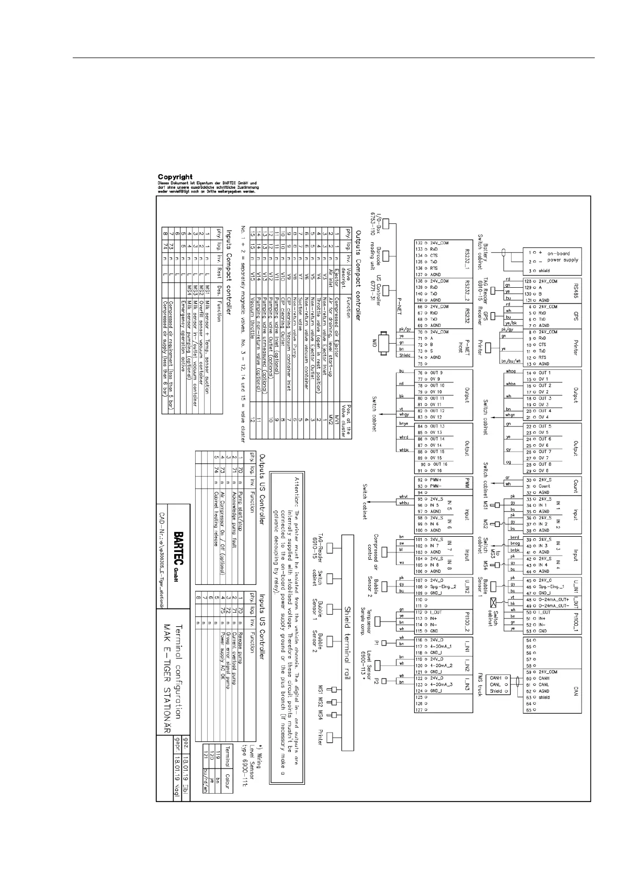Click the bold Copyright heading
click(x=175, y=177)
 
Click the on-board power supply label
click(x=563, y=256)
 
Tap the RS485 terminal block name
click(x=575, y=291)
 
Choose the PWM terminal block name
click(x=467, y=483)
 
